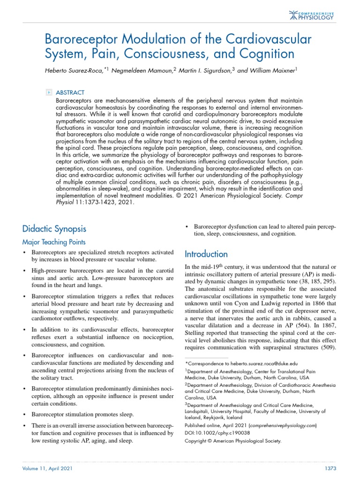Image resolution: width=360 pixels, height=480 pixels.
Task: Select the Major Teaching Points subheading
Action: (54, 242)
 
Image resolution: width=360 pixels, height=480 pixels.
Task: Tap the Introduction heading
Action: (206, 254)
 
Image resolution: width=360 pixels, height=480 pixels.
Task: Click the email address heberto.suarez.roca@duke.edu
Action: (257, 363)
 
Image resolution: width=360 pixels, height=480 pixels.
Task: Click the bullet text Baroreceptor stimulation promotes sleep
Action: (82, 414)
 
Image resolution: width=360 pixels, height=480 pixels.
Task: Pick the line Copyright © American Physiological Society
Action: (232, 441)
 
